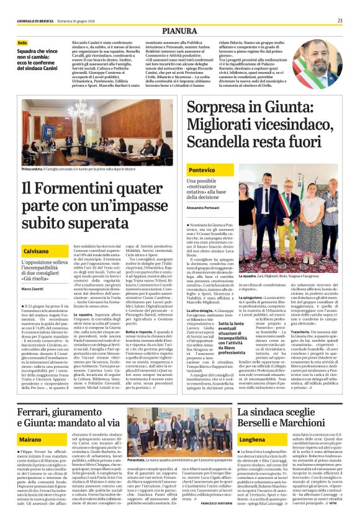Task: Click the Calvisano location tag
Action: pyautogui.click(x=37, y=251)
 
